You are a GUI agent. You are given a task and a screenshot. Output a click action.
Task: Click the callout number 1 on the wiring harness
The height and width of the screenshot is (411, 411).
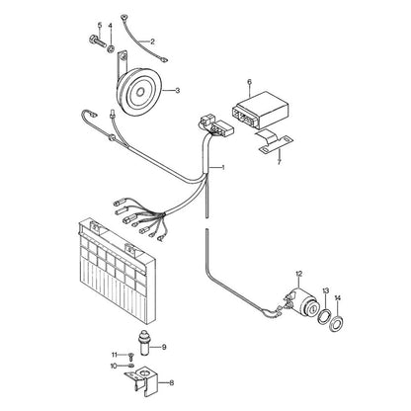pyautogui.click(x=223, y=168)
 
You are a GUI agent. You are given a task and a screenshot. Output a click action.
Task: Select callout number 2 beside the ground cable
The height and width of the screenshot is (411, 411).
pyautogui.click(x=152, y=41)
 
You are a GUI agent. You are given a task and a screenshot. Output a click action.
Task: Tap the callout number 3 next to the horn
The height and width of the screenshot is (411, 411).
pyautogui.click(x=178, y=90)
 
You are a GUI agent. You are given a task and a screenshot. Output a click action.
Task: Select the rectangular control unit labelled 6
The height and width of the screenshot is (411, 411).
pyautogui.click(x=261, y=109)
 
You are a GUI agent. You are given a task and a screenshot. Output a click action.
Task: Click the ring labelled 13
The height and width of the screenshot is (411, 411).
pyautogui.click(x=324, y=316)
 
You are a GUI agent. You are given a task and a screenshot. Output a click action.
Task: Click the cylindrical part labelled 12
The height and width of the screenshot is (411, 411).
pyautogui.click(x=301, y=304)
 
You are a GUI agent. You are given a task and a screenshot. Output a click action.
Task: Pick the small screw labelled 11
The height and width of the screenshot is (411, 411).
pyautogui.click(x=131, y=357)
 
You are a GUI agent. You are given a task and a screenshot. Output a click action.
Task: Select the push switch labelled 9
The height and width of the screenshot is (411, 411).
pyautogui.click(x=145, y=342)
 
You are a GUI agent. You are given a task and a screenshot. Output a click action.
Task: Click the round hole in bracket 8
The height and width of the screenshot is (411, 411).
pyautogui.click(x=144, y=373)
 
